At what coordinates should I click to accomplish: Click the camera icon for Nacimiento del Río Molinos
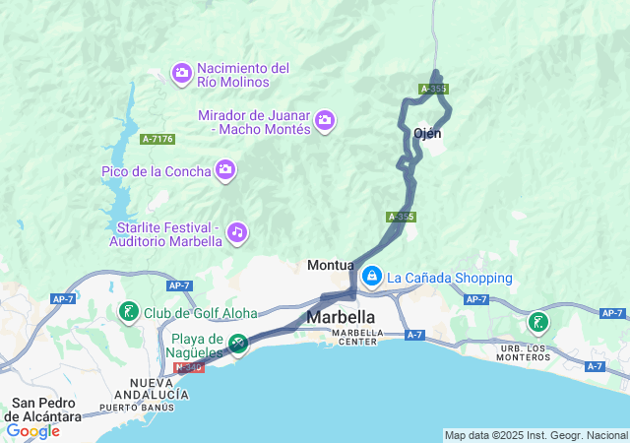coord(181,73)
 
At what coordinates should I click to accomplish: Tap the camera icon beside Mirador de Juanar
coord(325,122)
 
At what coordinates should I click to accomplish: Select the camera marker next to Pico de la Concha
coord(225,171)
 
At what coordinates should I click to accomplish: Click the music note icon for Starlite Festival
coord(236,232)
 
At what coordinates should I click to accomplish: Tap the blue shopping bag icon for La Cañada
coord(371,278)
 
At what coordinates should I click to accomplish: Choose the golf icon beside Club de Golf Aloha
coord(128,313)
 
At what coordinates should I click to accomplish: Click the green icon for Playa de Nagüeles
coord(237,344)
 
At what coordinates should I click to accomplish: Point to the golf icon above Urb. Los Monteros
coord(537,322)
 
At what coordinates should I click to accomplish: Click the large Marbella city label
coord(341,317)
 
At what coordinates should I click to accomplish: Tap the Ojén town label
coord(427,133)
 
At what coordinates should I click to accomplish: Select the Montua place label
coord(330,265)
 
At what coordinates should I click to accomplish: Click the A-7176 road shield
coord(157,139)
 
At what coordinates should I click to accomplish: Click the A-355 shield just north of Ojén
coord(433,89)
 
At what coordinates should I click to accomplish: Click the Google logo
coord(32,430)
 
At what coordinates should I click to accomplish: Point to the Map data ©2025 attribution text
coord(535,435)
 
